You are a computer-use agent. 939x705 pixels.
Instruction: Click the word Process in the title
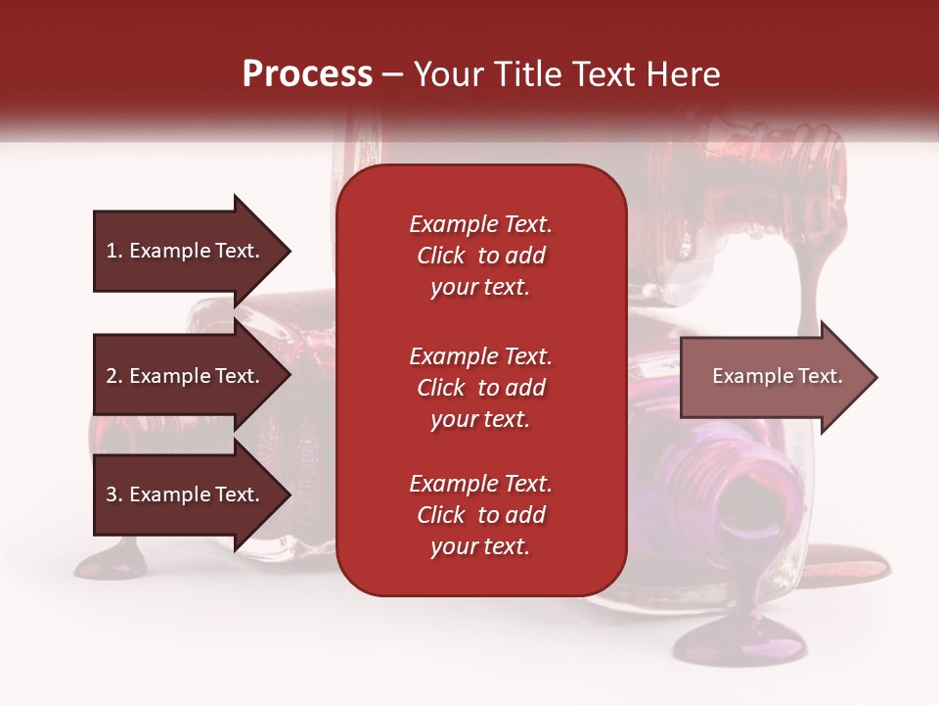(x=307, y=74)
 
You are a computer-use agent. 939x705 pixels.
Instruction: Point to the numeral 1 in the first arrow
(x=111, y=251)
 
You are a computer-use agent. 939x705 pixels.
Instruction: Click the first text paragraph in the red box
(x=480, y=256)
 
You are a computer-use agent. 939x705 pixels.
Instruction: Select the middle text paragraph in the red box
(x=480, y=388)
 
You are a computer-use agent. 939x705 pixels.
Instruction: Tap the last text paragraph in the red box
(x=480, y=515)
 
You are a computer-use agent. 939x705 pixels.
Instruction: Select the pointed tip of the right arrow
(x=875, y=377)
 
